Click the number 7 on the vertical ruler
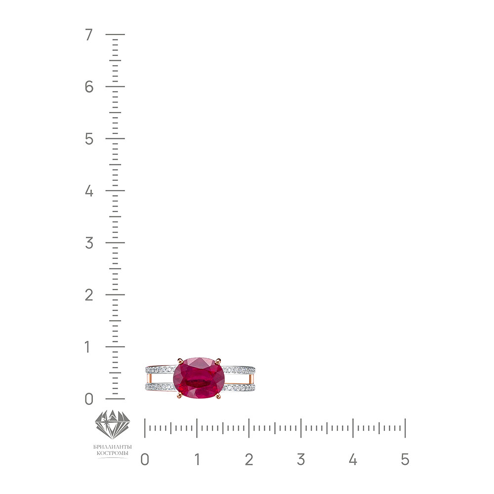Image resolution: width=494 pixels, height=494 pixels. [89, 35]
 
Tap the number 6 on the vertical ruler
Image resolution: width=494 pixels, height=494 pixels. [89, 86]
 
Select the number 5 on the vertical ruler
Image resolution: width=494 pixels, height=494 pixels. [89, 139]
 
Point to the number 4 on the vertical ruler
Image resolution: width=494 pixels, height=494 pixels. [89, 191]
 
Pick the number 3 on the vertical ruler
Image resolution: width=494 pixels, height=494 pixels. [89, 243]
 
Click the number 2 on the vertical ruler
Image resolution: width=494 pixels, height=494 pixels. [89, 295]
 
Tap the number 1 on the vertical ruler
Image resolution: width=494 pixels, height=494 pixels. [87, 347]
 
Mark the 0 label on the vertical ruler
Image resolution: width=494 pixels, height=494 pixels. [89, 399]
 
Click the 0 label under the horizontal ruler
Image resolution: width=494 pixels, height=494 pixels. [145, 459]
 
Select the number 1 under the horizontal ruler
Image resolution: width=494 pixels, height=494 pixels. [197, 459]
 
